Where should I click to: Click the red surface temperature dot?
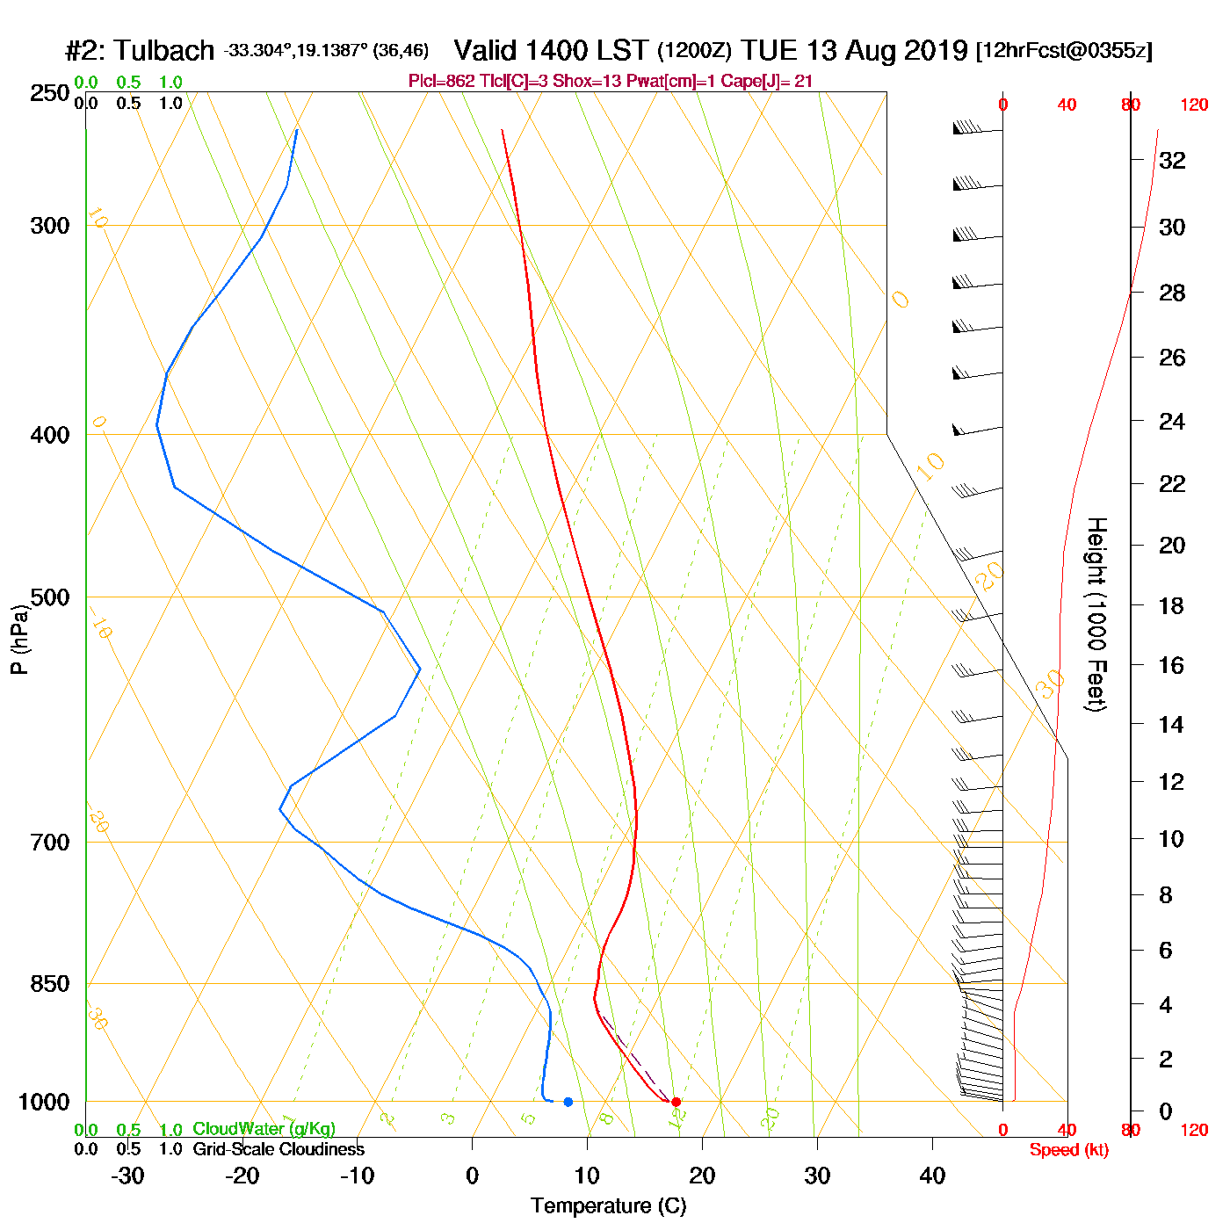(676, 1102)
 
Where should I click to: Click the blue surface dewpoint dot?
(568, 1102)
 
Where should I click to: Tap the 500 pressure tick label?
(50, 597)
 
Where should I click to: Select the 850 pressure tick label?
(50, 984)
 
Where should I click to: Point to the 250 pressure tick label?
(50, 93)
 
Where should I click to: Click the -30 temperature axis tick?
(127, 1176)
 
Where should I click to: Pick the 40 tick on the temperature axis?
(932, 1176)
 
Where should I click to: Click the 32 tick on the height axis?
(1172, 160)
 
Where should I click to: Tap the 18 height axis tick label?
(1171, 605)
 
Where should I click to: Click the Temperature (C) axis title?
(608, 1206)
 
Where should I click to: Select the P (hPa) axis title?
(19, 640)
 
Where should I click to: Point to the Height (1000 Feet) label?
(1096, 614)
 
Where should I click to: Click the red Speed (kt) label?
(1068, 1150)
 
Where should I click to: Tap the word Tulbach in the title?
(164, 51)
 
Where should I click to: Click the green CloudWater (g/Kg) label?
(264, 1129)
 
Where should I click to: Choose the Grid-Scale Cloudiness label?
(279, 1149)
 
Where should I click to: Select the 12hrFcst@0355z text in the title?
(1064, 51)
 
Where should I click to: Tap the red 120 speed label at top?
(1194, 105)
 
